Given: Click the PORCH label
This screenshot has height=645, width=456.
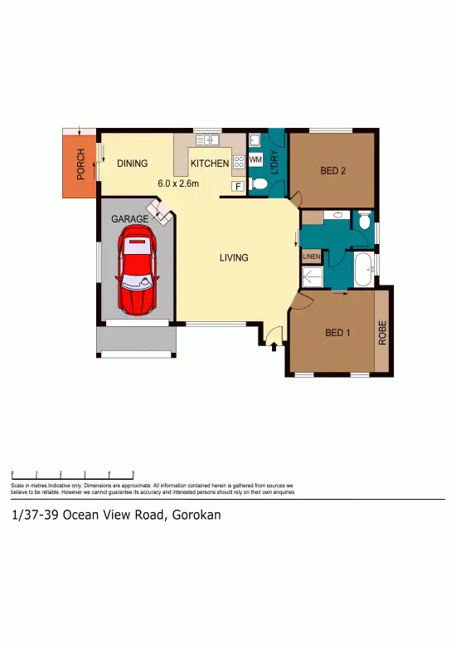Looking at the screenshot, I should tap(80, 163).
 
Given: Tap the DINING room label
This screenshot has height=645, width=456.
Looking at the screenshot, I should tap(132, 164).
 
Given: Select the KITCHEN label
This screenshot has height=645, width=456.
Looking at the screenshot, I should tap(210, 164).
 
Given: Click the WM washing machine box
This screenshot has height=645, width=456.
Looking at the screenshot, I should tap(255, 159).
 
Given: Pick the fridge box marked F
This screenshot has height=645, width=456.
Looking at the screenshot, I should tap(237, 186).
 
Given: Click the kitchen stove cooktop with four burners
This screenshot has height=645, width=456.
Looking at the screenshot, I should tap(239, 162).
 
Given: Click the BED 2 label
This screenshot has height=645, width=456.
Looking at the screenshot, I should tap(332, 171).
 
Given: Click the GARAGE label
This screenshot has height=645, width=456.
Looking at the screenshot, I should tap(130, 218).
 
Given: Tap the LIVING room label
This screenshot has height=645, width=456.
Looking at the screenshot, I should tap(234, 257).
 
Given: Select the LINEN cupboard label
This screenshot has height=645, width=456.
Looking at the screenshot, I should tap(311, 257).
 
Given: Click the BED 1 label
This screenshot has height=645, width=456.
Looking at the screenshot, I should tap(337, 333).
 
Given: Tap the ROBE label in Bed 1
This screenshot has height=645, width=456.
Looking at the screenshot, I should tap(382, 333).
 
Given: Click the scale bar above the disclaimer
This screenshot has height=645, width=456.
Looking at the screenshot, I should tap(73, 473).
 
